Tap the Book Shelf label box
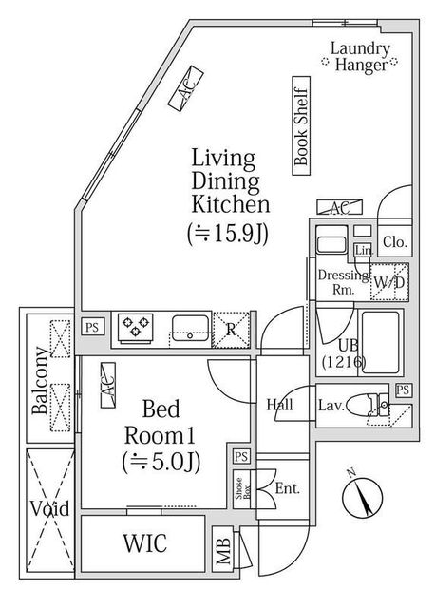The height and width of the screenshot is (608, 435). pyautogui.click(x=301, y=125)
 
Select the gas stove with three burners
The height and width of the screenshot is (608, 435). pyautogui.click(x=135, y=329)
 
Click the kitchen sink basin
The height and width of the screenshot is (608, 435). pyautogui.click(x=190, y=328)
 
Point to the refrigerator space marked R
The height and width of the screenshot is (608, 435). pyautogui.click(x=231, y=330)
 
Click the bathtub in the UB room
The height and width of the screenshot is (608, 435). pyautogui.click(x=380, y=342)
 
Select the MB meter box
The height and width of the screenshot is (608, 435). pyautogui.click(x=223, y=548)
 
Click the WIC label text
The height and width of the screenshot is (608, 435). pyautogui.click(x=145, y=542)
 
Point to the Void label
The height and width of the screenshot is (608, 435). pyautogui.click(x=50, y=508)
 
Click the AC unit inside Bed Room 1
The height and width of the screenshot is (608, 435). pyautogui.click(x=108, y=385)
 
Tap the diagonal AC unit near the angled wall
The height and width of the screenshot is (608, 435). pyautogui.click(x=186, y=89)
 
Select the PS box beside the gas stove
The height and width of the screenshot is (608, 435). pyautogui.click(x=93, y=327)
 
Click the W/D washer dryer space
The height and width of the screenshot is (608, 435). pyautogui.click(x=388, y=282)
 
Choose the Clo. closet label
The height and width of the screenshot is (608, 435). pyautogui.click(x=395, y=242)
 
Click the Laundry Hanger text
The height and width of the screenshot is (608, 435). pyautogui.click(x=360, y=57)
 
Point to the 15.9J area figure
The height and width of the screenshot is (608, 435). pyautogui.click(x=228, y=234)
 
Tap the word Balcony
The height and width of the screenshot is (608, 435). pyautogui.click(x=40, y=381)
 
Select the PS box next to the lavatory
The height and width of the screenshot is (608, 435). pyautogui.click(x=404, y=389)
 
